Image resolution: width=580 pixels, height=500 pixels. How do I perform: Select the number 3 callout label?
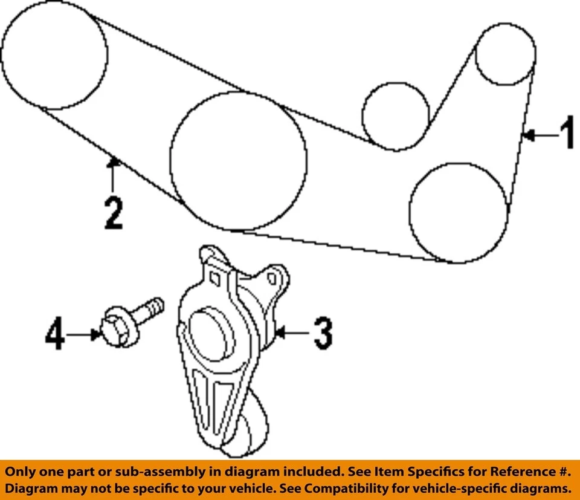322,334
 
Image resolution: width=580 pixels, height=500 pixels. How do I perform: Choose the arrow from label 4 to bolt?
85,334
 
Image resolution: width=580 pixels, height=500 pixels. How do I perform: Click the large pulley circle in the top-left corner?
54,55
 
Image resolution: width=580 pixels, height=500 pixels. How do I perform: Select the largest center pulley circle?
238,161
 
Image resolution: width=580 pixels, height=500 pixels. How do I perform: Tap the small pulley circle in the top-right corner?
506,54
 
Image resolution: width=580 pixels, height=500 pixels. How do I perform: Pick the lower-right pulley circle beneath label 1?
459,212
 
